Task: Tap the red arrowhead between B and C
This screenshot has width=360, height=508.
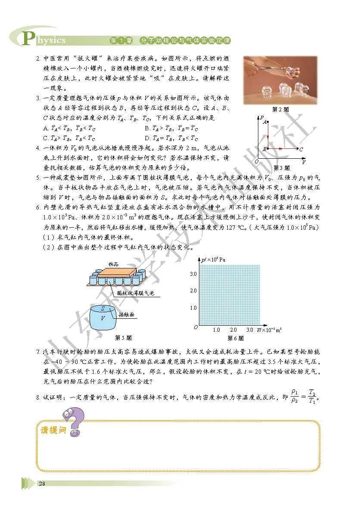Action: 282,148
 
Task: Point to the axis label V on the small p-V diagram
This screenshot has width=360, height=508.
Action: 304,162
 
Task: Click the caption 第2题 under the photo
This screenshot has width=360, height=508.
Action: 281,109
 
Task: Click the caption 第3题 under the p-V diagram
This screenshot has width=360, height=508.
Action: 281,168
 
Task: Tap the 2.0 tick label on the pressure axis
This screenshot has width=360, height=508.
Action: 193,291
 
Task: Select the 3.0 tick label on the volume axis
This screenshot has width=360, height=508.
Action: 250,330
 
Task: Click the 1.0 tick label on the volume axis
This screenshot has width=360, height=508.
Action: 217,330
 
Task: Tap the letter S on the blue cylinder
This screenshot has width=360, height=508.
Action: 102,308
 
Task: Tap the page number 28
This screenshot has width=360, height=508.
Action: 42,484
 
